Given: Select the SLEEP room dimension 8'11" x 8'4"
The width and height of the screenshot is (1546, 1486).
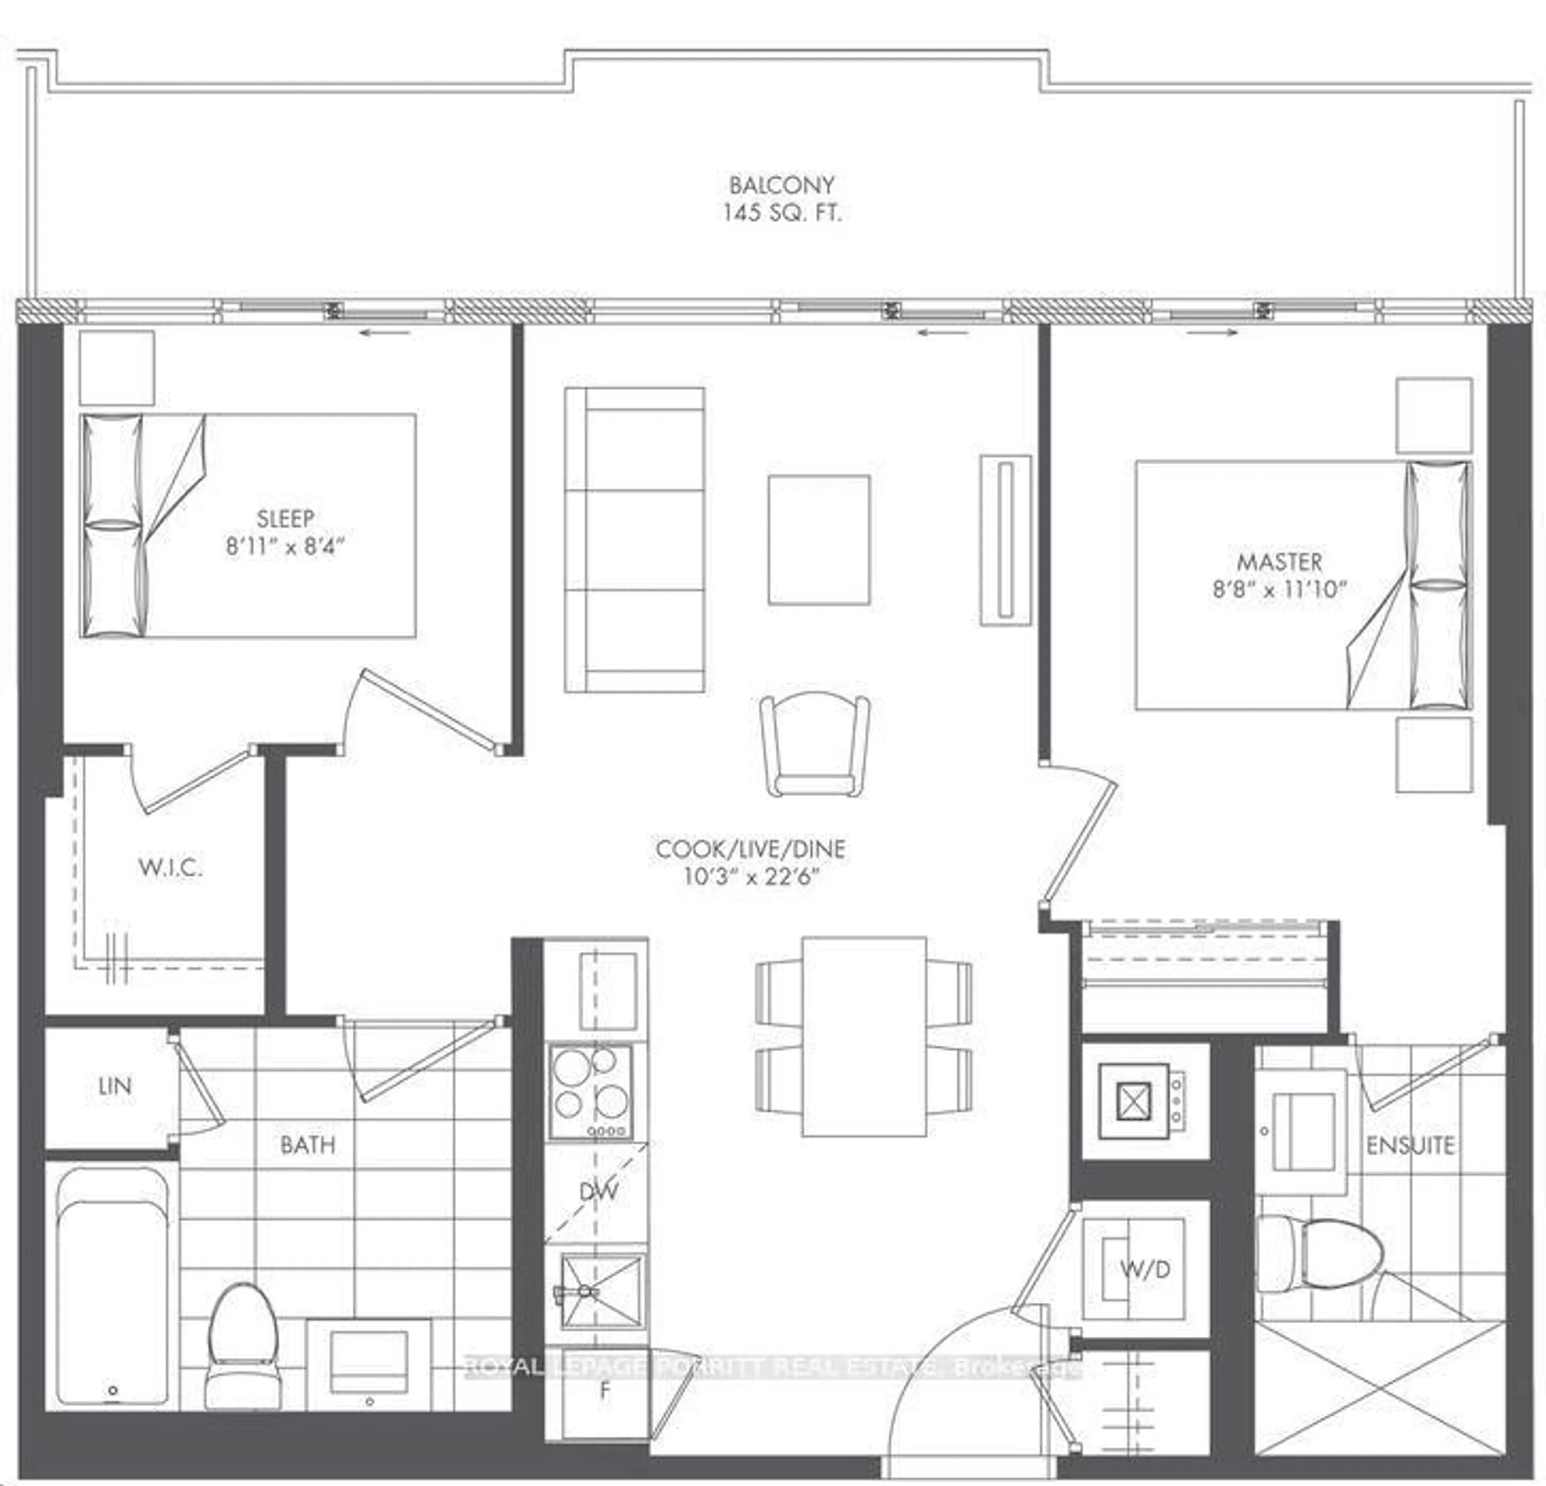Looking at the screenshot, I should (285, 546).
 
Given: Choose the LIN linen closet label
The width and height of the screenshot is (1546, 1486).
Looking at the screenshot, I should (114, 1086).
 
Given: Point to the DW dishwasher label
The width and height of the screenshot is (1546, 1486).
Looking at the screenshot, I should (598, 1191).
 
